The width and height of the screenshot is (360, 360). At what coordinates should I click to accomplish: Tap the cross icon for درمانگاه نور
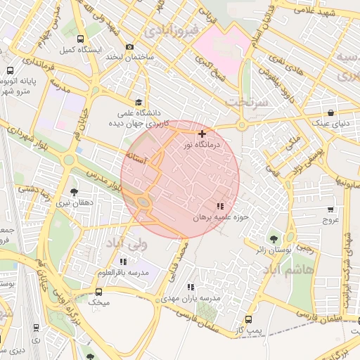(202, 133)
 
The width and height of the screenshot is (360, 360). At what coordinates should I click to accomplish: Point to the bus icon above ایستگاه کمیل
(80, 39)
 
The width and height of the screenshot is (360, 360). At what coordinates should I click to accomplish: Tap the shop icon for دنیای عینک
(330, 112)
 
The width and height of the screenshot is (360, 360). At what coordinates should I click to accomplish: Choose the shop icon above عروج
(330, 209)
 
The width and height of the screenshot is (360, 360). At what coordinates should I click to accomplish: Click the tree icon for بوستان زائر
(274, 238)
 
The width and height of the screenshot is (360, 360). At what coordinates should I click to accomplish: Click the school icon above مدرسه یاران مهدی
(191, 287)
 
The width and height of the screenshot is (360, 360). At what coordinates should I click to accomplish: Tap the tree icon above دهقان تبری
(75, 190)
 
